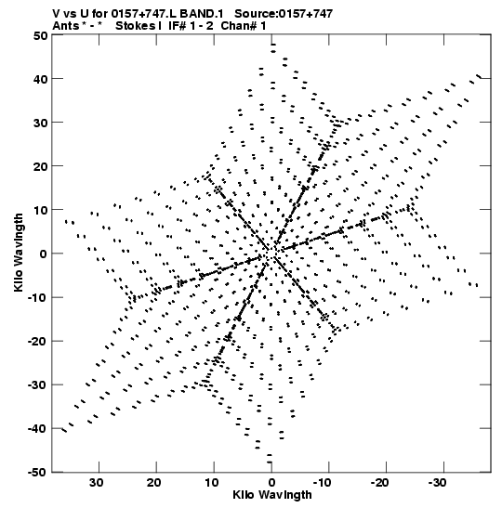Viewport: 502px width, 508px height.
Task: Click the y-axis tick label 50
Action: tap(40, 35)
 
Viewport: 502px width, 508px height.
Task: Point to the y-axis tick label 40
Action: tap(40, 79)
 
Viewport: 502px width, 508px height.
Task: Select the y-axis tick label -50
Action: tap(37, 473)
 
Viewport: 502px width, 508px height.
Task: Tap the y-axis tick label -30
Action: tap(37, 384)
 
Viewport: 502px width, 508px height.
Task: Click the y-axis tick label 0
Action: tap(44, 254)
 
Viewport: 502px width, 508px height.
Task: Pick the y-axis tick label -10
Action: tap(37, 297)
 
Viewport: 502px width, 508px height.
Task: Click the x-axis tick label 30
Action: tap(97, 483)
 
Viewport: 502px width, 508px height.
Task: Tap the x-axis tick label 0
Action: tap(271, 483)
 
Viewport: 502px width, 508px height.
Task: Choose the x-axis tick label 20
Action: tap(153, 483)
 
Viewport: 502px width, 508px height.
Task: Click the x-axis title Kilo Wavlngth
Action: tap(272, 495)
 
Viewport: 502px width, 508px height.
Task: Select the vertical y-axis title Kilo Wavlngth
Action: tap(19, 253)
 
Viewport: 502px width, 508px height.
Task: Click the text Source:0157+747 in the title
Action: tap(284, 14)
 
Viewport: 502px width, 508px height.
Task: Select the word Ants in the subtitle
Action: tap(66, 26)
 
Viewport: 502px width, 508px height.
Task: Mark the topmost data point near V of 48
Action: tap(273, 45)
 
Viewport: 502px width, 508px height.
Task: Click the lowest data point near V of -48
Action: tap(270, 462)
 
